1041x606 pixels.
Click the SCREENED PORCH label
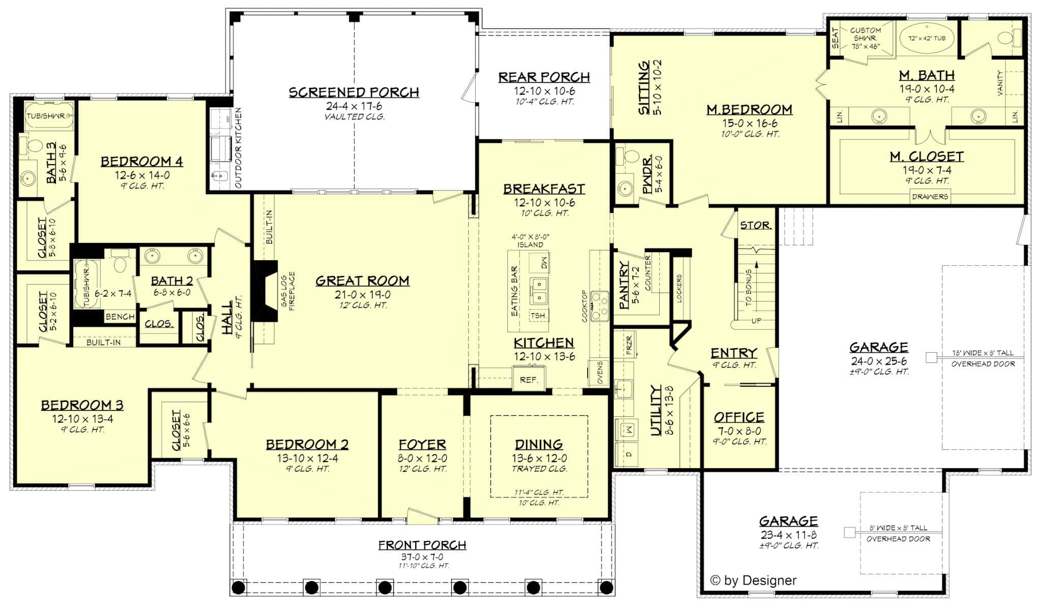point(354,93)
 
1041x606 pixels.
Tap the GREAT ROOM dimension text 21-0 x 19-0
point(362,294)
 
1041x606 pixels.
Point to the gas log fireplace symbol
point(266,291)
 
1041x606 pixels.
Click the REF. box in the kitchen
point(529,379)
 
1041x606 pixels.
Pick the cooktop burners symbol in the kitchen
point(600,306)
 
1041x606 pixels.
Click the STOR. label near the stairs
point(756,225)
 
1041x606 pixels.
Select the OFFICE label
point(739,417)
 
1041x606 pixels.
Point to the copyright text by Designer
point(753,580)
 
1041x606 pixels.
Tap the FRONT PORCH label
point(422,545)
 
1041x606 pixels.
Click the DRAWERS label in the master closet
point(930,196)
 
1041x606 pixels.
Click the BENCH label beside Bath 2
point(120,317)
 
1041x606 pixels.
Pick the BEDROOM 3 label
point(82,405)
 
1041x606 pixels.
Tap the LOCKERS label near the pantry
point(679,288)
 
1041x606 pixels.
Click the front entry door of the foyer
point(422,516)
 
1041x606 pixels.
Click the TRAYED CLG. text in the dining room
point(539,469)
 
